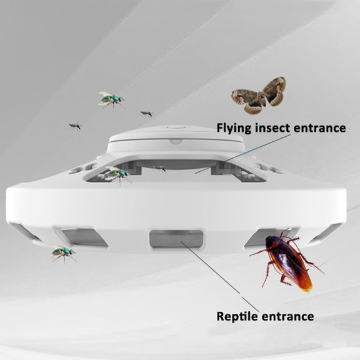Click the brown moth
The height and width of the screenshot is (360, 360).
point(258,96)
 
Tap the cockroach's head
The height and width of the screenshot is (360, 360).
point(271,242)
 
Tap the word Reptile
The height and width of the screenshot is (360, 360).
point(237,317)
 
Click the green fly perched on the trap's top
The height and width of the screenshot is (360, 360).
point(117,174)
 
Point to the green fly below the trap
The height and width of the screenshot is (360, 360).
point(62,254)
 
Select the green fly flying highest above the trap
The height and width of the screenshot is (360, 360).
point(112,99)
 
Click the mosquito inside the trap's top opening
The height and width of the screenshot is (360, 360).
point(160,168)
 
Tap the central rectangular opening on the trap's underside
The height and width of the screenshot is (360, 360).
point(176,239)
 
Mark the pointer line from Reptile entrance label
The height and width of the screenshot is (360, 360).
point(220,276)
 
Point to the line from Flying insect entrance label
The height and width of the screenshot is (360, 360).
point(242,154)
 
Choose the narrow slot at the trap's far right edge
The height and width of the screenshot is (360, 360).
point(327,232)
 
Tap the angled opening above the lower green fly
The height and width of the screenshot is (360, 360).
point(83,237)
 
